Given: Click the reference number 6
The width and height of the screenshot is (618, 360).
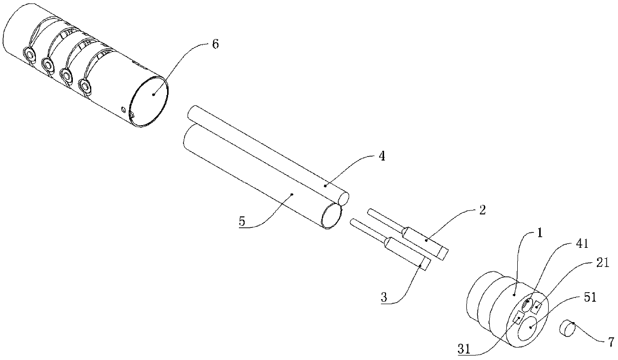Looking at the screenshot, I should pos(215,43).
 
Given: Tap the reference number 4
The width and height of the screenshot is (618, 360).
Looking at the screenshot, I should pos(382,156).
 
